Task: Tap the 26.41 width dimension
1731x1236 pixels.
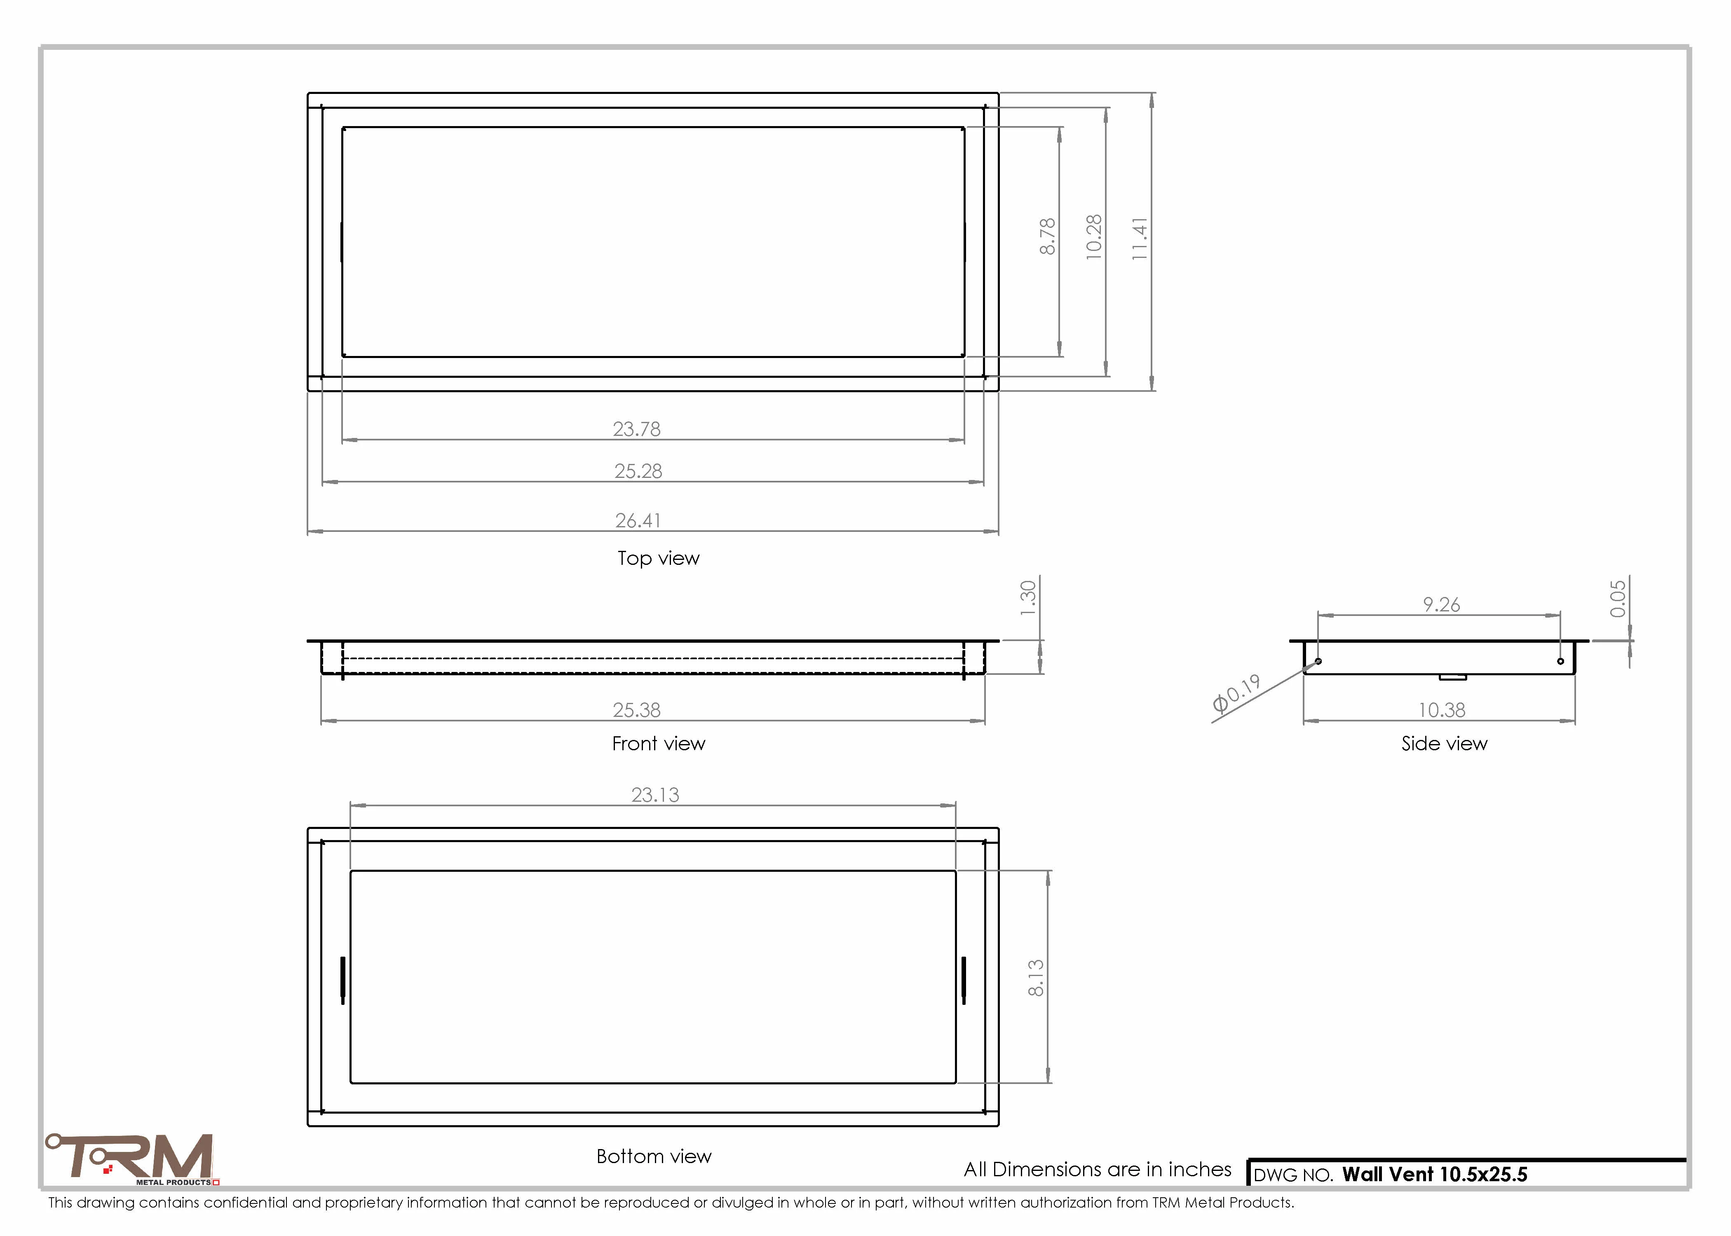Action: click(x=638, y=521)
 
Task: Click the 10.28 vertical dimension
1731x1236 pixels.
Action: click(x=1094, y=237)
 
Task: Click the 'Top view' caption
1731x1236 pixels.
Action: click(x=659, y=559)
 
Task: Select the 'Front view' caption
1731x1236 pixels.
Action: click(x=659, y=744)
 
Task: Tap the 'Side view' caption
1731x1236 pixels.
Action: click(x=1444, y=744)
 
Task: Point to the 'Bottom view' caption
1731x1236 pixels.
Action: click(x=654, y=1156)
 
